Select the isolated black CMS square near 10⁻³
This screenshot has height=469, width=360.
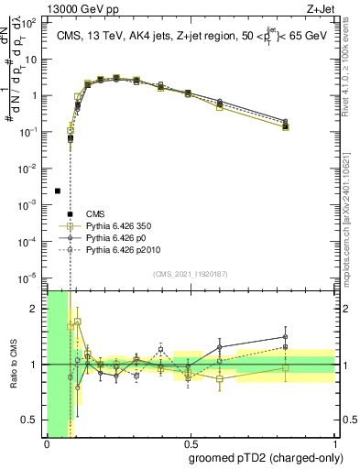[x=58, y=191]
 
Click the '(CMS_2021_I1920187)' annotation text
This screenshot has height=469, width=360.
[x=191, y=273]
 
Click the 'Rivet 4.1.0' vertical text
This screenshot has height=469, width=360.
[x=353, y=73]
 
